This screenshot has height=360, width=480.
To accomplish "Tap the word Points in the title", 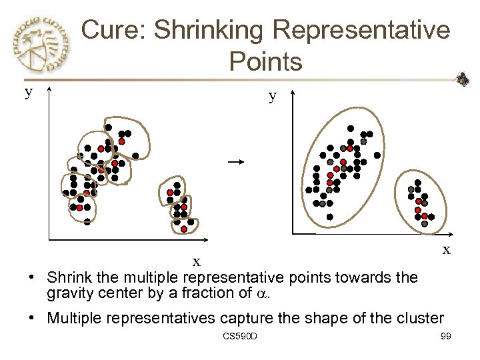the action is point(265,62).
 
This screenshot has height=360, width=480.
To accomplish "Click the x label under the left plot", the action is point(197,261).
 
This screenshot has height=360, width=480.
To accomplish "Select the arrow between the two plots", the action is point(234,161).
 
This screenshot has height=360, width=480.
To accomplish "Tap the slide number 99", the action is point(446,336).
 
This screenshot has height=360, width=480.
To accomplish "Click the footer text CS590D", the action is point(241,336).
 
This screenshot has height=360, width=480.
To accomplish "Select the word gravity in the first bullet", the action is point(67,293).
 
